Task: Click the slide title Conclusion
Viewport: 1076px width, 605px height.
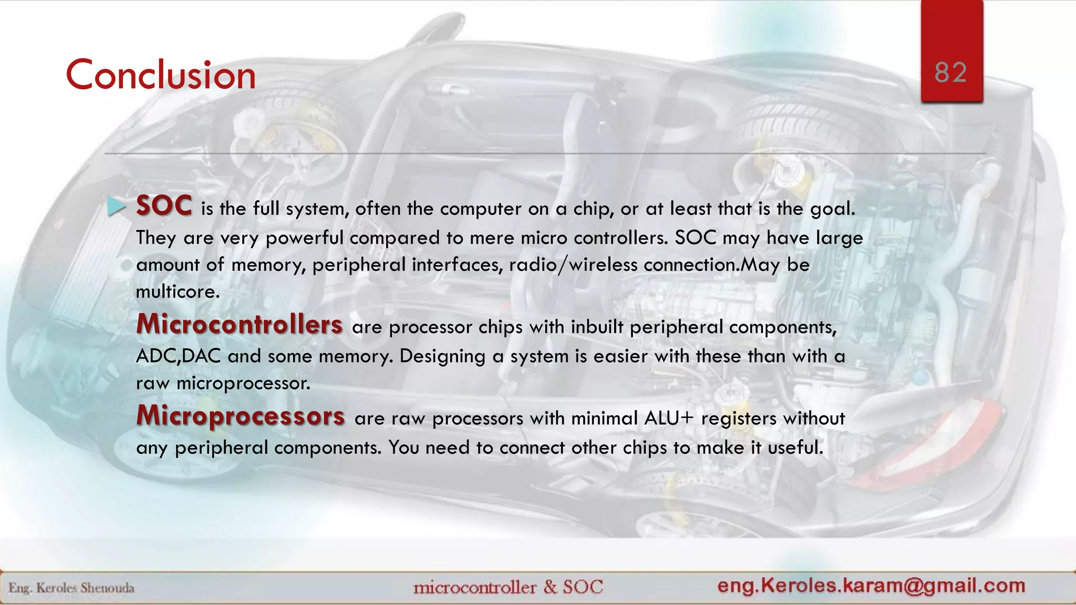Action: pyautogui.click(x=160, y=75)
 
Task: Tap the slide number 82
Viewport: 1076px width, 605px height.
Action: pyautogui.click(x=950, y=72)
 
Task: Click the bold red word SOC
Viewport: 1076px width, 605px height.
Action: pyautogui.click(x=164, y=205)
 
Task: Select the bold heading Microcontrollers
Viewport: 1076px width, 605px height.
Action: pyautogui.click(x=240, y=324)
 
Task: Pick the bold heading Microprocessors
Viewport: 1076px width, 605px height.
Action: pyautogui.click(x=241, y=415)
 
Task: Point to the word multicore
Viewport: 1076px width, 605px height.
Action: pyautogui.click(x=178, y=291)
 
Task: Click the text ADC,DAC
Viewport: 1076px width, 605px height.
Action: pyautogui.click(x=178, y=356)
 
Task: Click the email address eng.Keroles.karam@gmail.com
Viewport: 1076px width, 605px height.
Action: pyautogui.click(x=871, y=586)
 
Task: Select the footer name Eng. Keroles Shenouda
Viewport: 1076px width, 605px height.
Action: pyautogui.click(x=71, y=588)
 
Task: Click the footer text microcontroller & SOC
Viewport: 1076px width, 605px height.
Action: pyautogui.click(x=508, y=587)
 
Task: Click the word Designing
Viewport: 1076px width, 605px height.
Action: pyautogui.click(x=442, y=357)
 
